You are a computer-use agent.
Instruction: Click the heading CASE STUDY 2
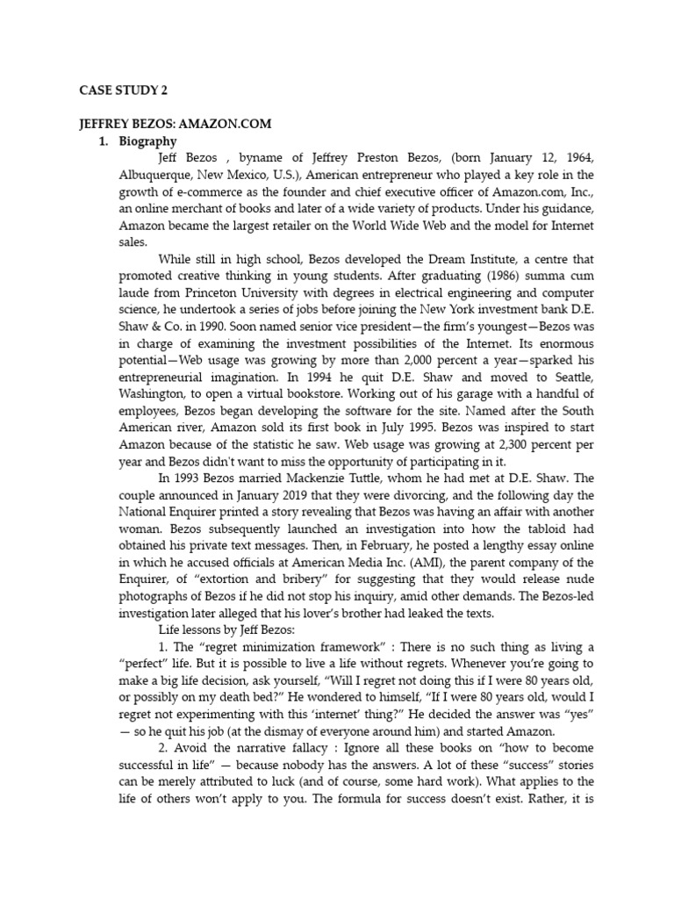(x=118, y=89)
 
